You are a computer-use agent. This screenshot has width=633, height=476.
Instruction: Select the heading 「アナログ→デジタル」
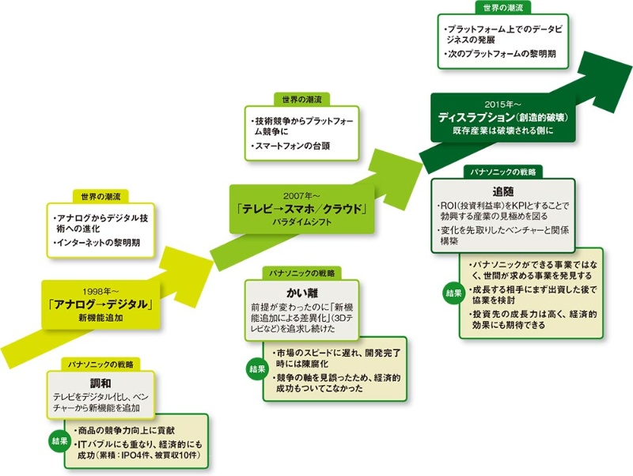pos(100,301)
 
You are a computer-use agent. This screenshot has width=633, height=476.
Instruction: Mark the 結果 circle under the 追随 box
pos(452,293)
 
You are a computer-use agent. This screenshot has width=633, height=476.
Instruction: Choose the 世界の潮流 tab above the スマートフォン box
pos(301,100)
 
